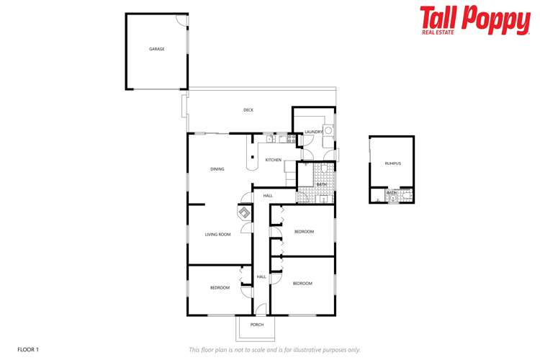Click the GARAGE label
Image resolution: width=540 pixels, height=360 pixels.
[156, 49]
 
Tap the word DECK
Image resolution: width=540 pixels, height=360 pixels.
[248, 110]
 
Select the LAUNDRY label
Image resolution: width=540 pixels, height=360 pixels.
[313, 132]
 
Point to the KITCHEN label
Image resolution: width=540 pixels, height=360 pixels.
[273, 160]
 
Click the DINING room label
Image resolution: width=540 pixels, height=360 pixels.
[217, 169]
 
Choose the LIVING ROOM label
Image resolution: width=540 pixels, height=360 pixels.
[217, 234]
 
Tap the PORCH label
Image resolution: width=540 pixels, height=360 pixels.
[257, 325]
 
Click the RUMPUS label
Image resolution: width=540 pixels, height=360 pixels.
[392, 163]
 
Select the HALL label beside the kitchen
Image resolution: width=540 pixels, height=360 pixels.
[268, 196]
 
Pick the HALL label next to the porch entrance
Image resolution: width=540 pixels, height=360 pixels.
[261, 276]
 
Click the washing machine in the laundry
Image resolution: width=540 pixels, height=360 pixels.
[329, 131]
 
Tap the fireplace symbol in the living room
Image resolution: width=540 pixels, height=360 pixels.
[245, 213]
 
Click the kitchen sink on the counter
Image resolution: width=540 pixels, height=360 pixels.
[269, 138]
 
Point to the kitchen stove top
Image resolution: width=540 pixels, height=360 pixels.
[291, 138]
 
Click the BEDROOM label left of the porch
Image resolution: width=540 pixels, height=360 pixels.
[220, 288]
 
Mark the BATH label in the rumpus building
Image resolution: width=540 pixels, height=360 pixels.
[392, 193]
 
